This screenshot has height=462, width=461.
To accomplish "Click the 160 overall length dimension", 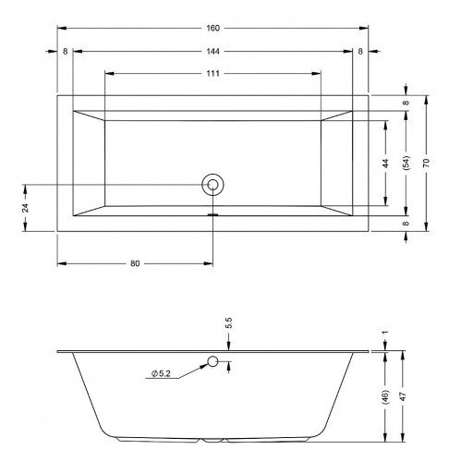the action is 212,28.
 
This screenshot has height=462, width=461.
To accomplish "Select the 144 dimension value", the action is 212,51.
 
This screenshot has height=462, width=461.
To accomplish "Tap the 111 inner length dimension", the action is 212,74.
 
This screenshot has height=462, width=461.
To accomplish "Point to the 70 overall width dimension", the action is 426,163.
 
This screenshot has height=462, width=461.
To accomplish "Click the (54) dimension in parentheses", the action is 406,163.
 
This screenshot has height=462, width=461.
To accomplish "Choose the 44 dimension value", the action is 386,163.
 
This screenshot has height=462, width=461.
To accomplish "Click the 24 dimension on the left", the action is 26,208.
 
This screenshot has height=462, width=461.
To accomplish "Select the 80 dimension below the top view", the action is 135,263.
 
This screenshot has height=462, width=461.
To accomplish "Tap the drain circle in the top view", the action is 212,185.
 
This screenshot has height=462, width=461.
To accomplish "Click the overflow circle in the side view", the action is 212,361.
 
